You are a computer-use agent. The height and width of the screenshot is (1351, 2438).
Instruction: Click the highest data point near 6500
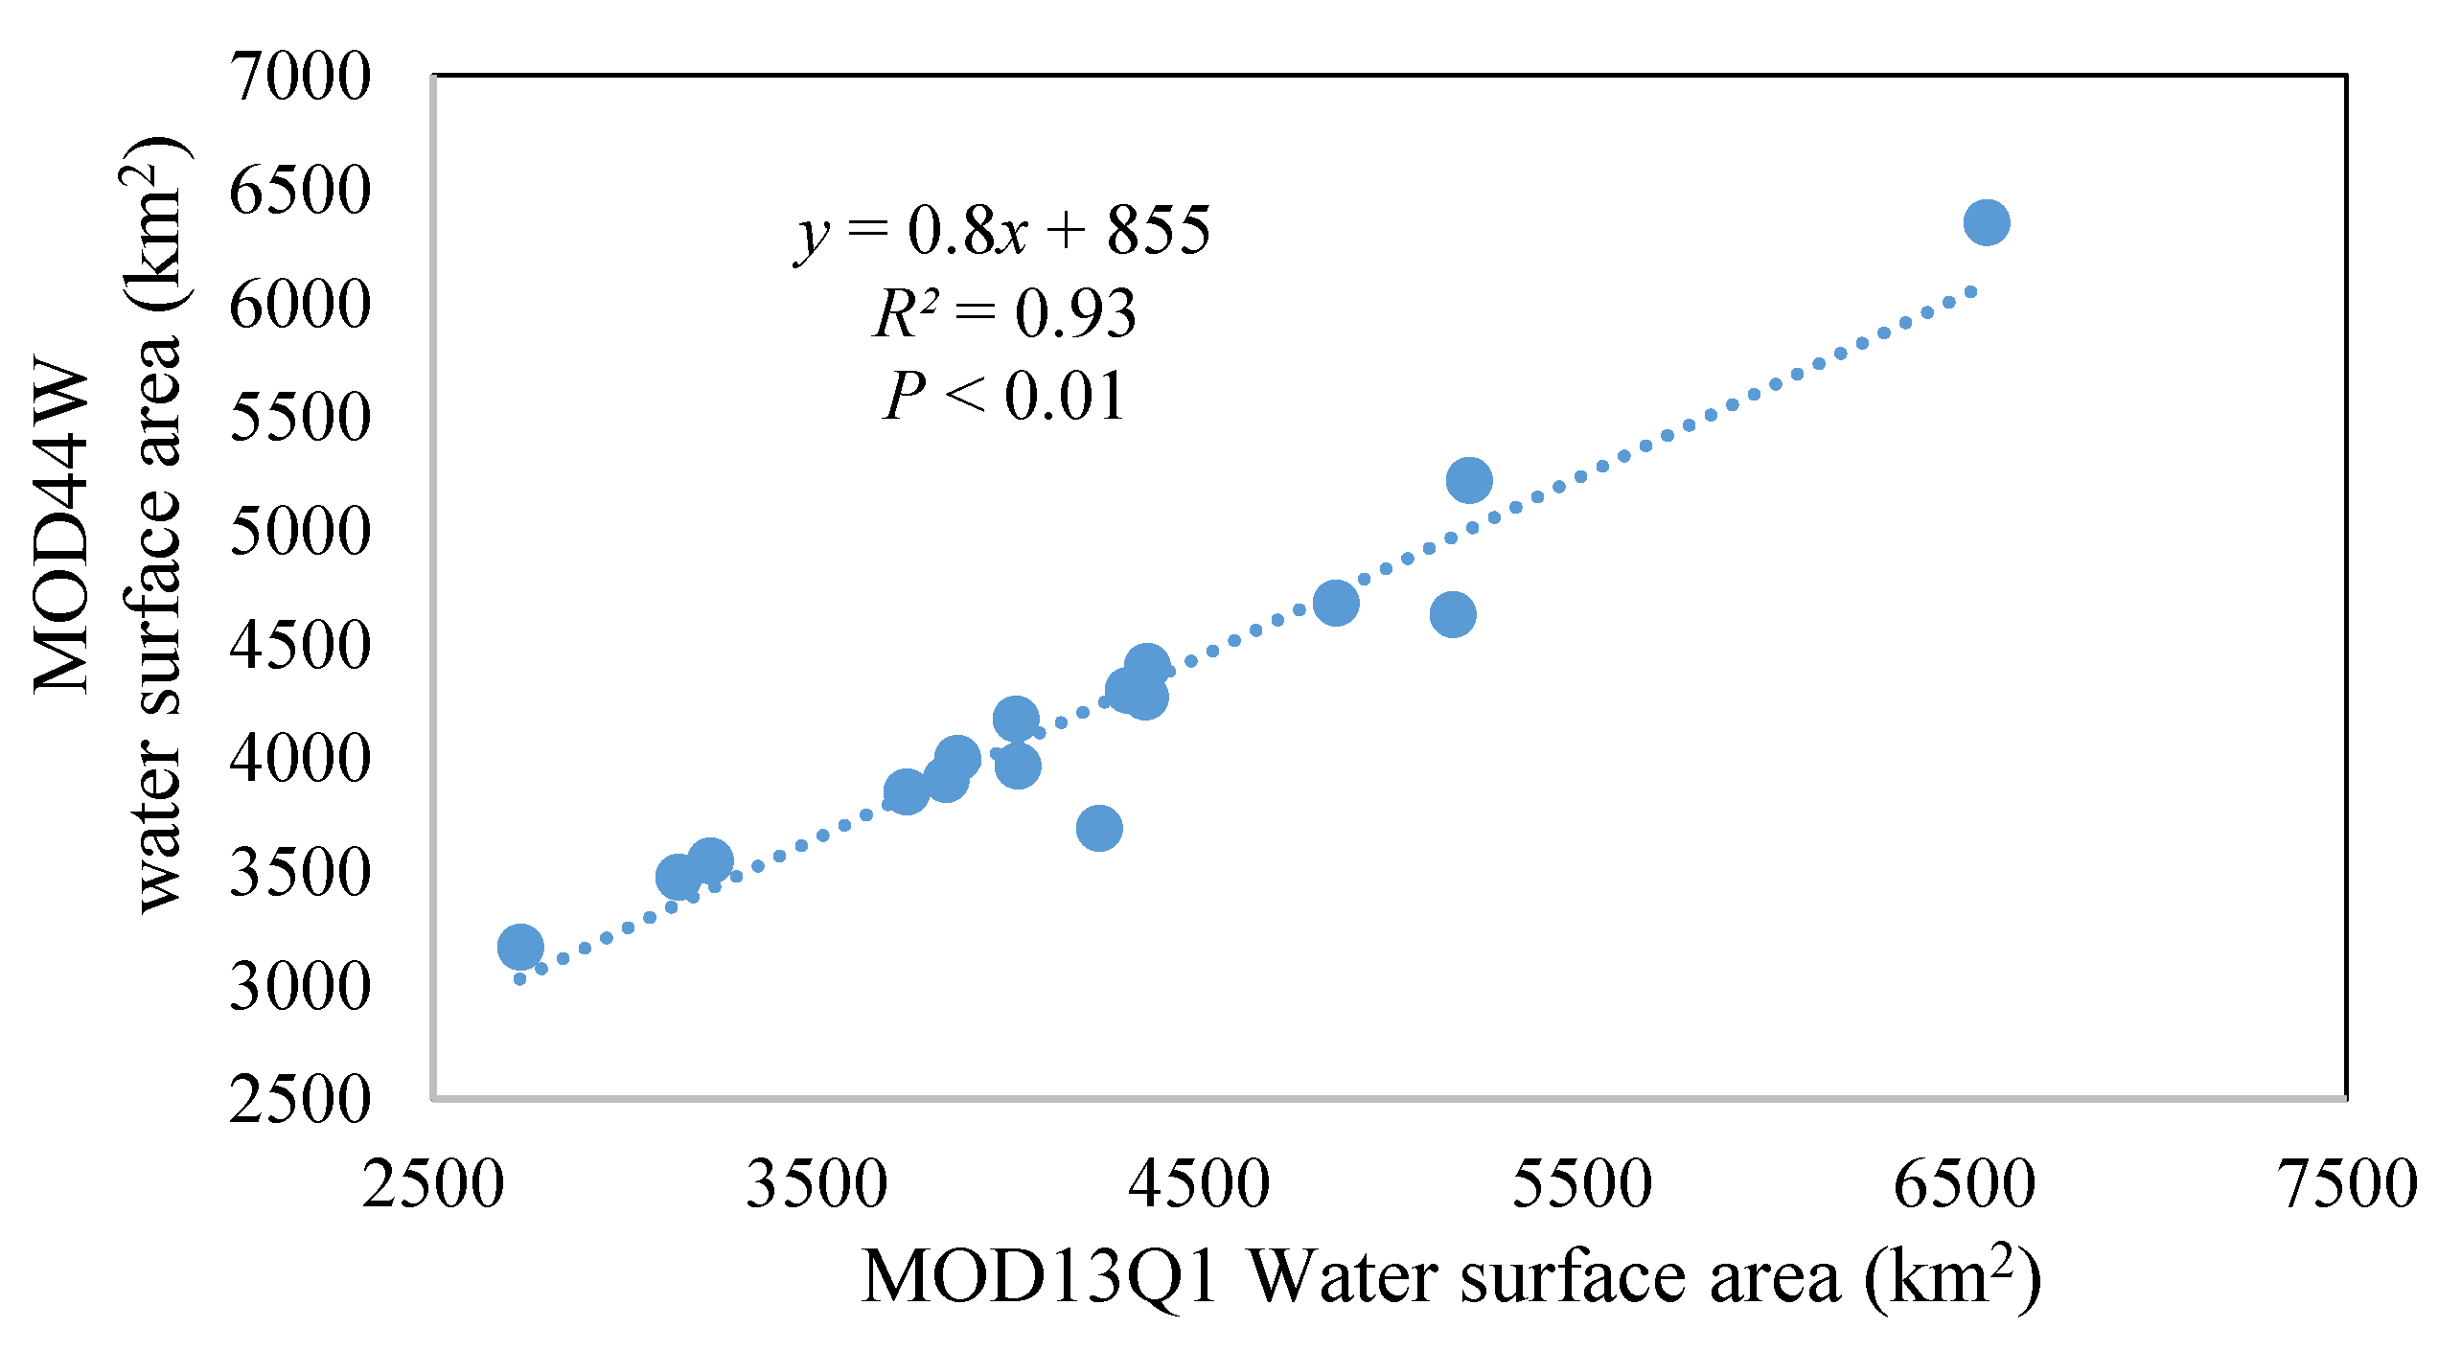1987,222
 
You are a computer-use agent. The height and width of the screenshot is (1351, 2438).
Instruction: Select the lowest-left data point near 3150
520,947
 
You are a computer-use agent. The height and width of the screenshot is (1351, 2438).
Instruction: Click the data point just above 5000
1469,479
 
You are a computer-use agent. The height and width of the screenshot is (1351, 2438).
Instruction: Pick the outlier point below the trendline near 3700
1099,827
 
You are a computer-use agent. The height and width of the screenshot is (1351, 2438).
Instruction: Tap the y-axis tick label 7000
299,77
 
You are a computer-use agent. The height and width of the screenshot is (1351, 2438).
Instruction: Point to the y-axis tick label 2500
299,1099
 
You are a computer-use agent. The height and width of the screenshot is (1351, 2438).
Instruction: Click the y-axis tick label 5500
299,418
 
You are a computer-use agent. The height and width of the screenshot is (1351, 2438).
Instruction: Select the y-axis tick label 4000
299,759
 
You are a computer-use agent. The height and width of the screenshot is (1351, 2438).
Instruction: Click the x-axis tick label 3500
816,1184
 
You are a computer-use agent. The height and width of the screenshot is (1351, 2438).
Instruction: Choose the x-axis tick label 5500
1582,1184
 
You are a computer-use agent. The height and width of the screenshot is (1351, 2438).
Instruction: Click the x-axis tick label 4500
1199,1184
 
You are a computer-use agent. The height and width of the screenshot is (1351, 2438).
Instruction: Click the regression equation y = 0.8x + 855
1002,231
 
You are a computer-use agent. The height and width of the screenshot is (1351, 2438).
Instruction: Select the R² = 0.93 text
1004,313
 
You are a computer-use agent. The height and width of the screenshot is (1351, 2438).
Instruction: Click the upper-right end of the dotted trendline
1971,291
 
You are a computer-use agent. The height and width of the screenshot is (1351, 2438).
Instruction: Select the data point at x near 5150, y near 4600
1453,613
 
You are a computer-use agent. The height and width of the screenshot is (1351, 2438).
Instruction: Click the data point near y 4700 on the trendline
1336,603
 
